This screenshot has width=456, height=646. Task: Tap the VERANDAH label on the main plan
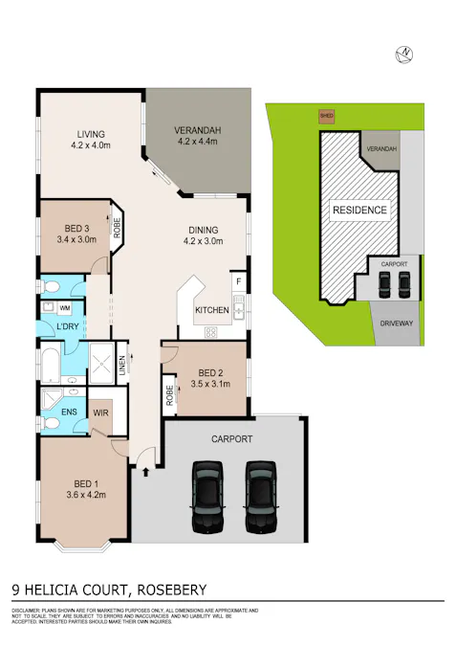198,130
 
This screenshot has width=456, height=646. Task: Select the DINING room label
202,230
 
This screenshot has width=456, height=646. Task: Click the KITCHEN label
210,311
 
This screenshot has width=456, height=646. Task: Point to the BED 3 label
77,228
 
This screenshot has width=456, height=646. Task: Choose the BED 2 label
211,372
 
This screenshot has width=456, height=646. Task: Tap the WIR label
101,412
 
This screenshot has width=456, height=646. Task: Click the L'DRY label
67,327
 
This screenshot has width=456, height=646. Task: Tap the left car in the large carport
207,498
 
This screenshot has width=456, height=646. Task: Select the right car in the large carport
260,498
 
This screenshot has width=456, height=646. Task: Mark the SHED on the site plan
327,117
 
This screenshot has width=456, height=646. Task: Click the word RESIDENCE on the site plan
359,210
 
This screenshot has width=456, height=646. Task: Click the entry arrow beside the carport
144,470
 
